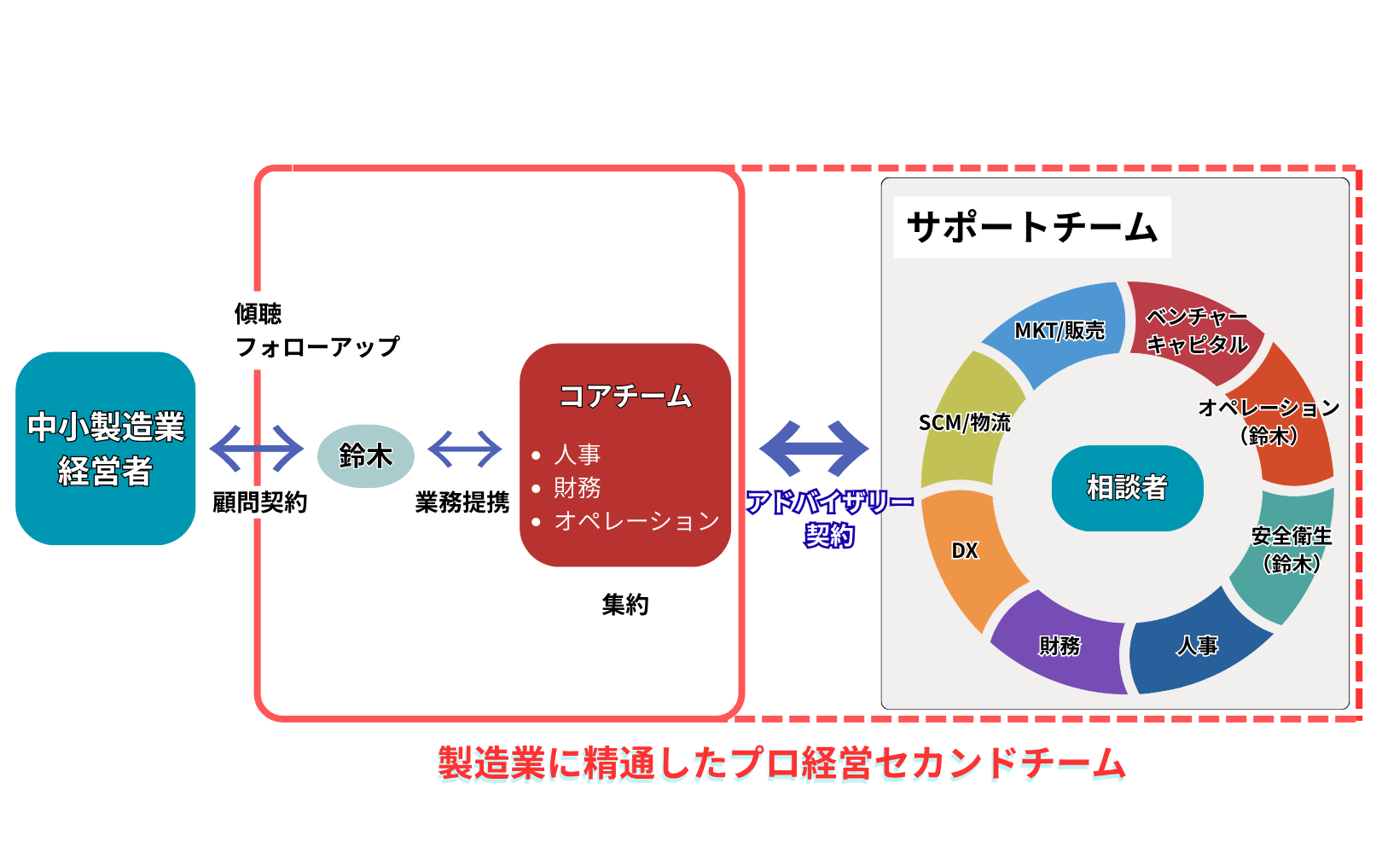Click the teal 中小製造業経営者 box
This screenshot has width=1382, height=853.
click(x=105, y=448)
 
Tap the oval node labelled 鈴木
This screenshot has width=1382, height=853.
click(x=365, y=456)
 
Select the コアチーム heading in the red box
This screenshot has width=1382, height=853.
click(x=625, y=396)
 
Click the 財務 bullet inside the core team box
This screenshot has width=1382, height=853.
click(x=577, y=487)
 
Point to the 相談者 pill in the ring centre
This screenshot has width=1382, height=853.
click(x=1127, y=487)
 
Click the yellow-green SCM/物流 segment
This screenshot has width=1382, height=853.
click(x=965, y=422)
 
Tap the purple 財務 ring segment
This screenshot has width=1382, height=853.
click(x=1060, y=646)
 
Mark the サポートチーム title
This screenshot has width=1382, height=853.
click(x=1031, y=227)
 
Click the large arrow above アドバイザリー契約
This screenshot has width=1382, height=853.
click(x=814, y=448)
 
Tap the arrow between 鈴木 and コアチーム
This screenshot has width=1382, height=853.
click(x=465, y=449)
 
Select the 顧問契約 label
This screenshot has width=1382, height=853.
click(x=259, y=502)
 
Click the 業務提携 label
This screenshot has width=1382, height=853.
click(x=462, y=502)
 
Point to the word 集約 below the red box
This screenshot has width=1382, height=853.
click(x=625, y=605)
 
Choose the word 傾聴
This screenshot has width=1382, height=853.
click(x=258, y=314)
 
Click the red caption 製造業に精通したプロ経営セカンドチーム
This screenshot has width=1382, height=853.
click(x=781, y=763)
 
